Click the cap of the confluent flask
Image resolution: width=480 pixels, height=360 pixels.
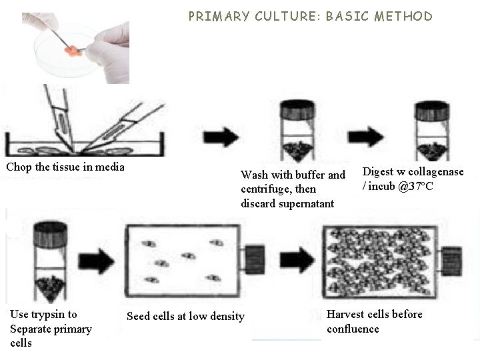(453, 259)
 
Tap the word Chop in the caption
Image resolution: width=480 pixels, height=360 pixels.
(19, 167)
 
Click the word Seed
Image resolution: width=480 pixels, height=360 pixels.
(139, 316)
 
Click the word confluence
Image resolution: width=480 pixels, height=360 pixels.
(353, 329)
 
